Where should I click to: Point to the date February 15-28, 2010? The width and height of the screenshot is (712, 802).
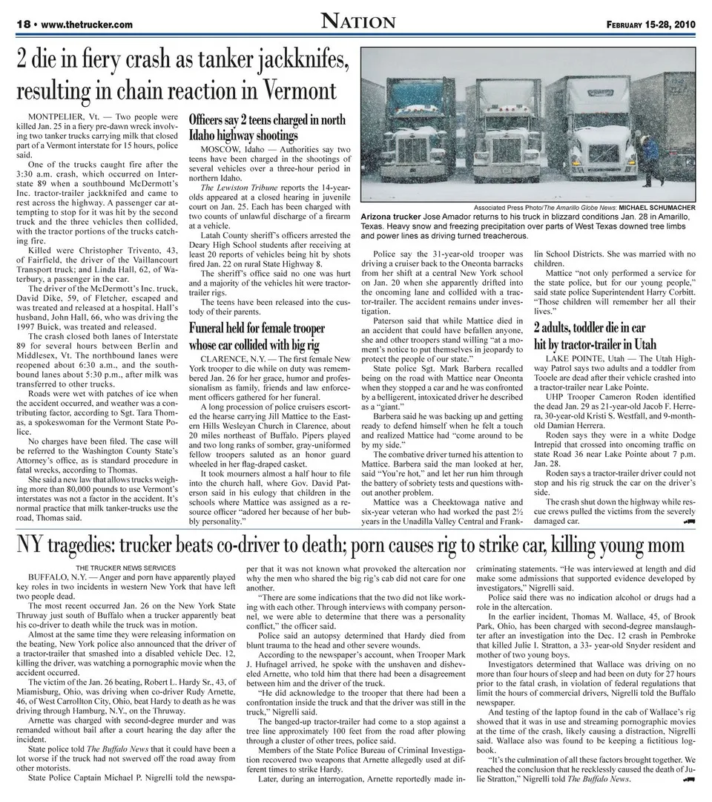[x=650, y=24]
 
